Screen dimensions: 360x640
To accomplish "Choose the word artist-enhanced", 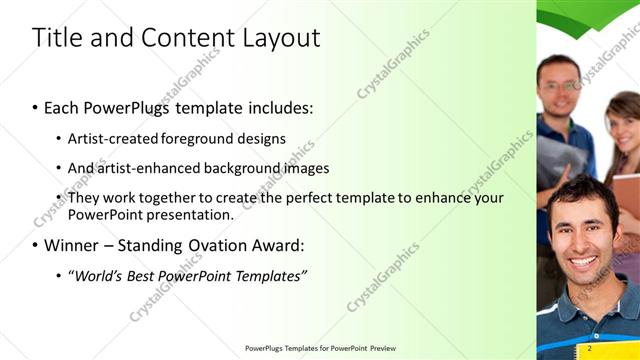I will click(x=148, y=168).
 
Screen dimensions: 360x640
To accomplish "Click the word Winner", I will click(x=74, y=245).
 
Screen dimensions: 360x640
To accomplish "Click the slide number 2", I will click(x=590, y=348).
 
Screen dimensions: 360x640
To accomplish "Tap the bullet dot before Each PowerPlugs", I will click(x=35, y=107).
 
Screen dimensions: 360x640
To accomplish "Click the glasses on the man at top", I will click(x=560, y=87).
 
